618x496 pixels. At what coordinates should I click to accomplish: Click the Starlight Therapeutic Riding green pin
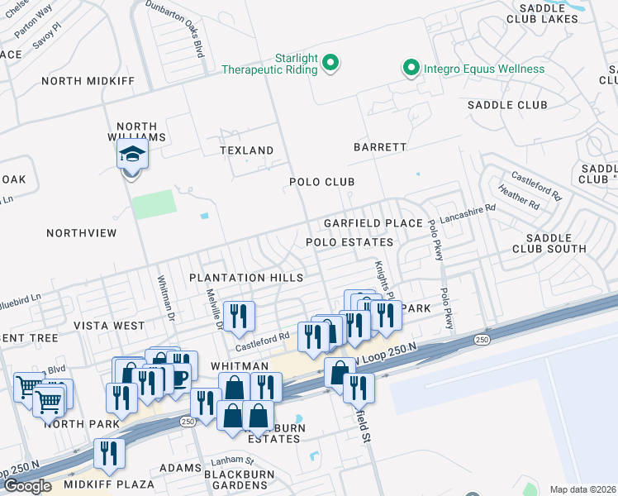point(330,62)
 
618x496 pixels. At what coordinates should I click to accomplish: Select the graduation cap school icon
point(131,156)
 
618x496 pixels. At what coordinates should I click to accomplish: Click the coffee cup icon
point(182,366)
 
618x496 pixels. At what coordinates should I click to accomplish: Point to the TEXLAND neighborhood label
point(246,150)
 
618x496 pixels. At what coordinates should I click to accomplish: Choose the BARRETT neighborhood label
point(380,147)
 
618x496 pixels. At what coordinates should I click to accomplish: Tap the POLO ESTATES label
point(349,242)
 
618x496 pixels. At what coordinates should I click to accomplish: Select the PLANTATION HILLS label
point(246,278)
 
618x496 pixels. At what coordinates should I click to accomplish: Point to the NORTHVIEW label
point(82,233)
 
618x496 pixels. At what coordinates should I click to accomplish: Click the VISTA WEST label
point(109,326)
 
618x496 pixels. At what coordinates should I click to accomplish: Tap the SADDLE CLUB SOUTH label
point(549,242)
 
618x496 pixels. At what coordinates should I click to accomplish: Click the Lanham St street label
point(231,460)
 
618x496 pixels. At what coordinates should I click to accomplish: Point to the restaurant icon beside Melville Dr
point(239,316)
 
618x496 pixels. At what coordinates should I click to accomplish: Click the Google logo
point(27,486)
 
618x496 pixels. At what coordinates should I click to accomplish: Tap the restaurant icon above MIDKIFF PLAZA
point(109,454)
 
